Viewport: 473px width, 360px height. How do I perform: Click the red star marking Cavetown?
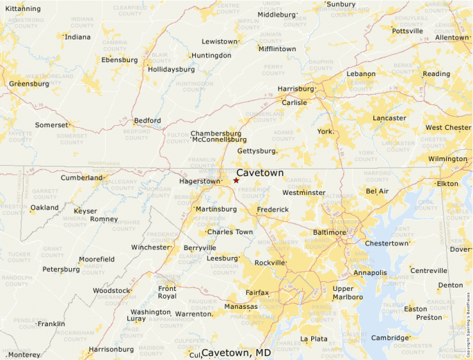coord(236,180)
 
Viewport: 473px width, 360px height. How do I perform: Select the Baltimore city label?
coord(329,232)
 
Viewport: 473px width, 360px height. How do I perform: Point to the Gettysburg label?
coord(257,150)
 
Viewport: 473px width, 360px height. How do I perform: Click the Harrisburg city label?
coord(295,88)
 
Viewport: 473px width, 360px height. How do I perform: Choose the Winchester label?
coord(150,247)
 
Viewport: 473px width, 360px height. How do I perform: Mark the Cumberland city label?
coord(82,178)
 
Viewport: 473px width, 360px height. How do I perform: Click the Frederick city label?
coord(272,209)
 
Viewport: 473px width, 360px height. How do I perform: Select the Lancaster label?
coord(389,118)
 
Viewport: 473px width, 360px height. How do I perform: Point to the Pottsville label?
coord(407,31)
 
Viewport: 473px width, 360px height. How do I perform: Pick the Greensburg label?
coord(29,84)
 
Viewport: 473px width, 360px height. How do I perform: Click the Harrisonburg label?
coord(111,349)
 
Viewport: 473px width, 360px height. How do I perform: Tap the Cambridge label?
coord(390,338)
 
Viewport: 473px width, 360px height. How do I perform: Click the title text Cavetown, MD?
coord(236,353)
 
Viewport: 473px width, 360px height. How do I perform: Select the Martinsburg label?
coord(216,209)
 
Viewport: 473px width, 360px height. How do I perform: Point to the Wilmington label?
coord(447,159)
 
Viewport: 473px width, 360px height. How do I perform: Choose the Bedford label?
coord(147,120)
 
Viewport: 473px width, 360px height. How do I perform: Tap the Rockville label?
coord(270,263)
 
